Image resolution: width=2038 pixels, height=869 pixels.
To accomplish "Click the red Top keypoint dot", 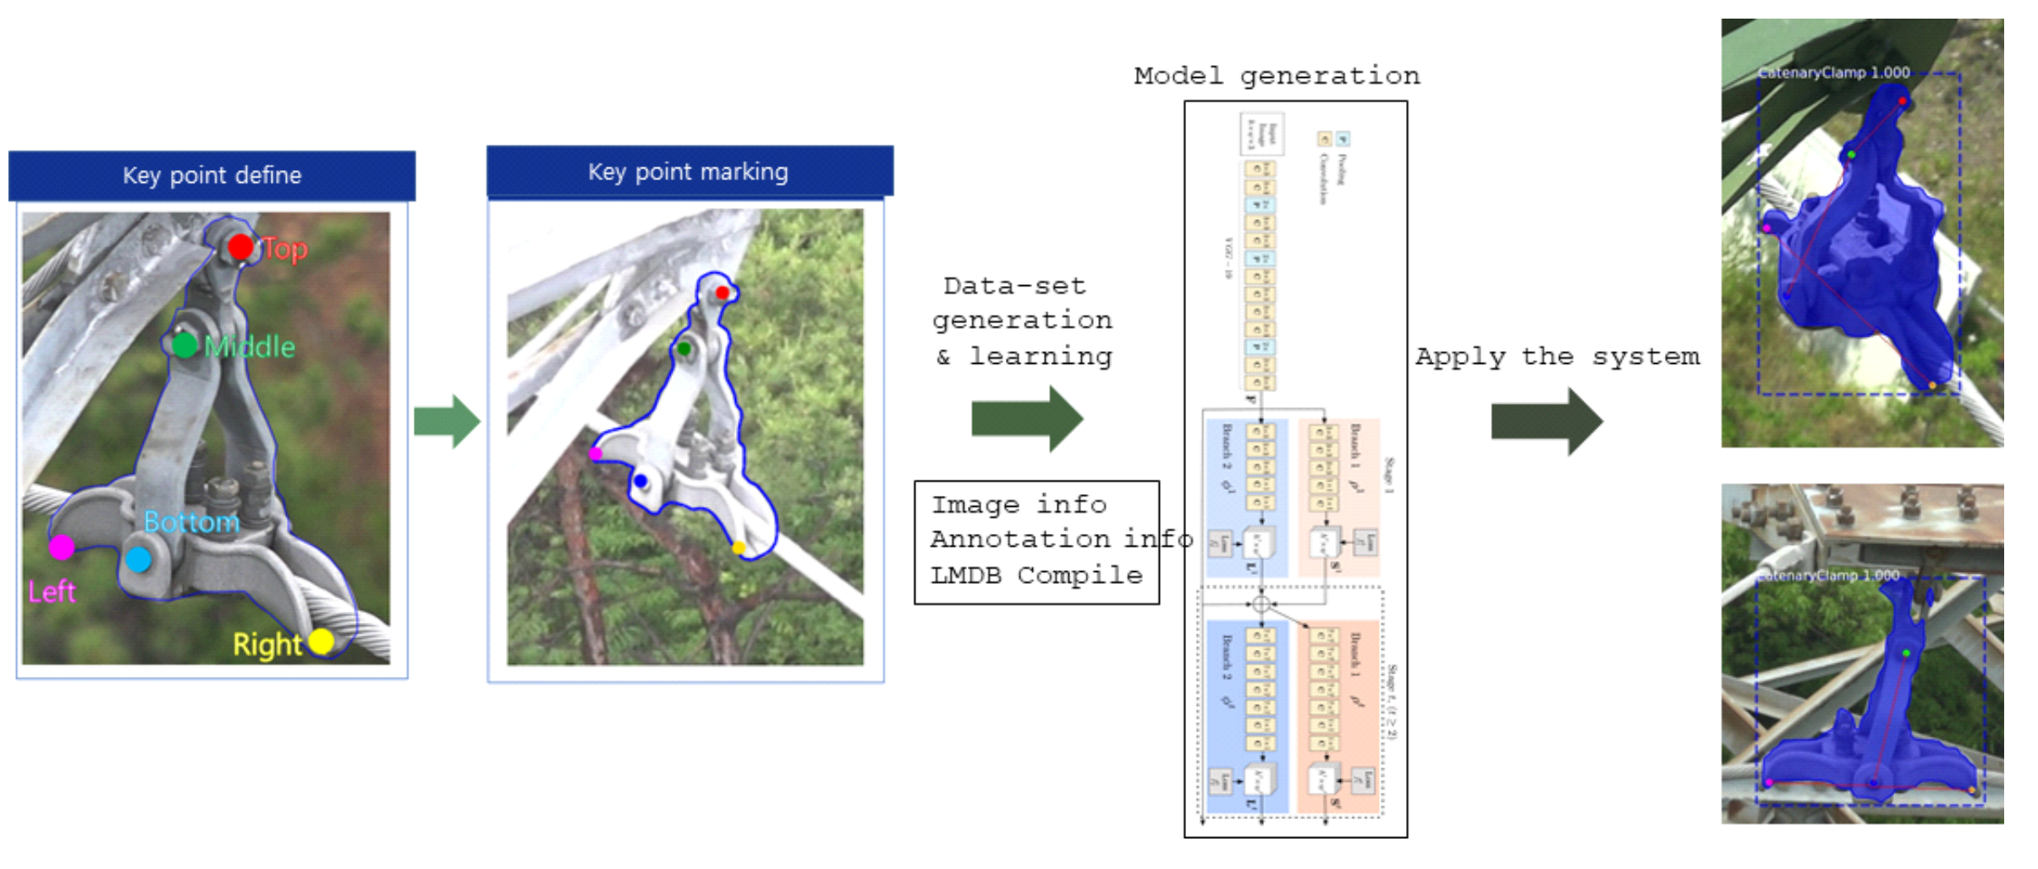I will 241,247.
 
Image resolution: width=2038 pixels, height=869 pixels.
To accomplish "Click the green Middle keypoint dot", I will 184,344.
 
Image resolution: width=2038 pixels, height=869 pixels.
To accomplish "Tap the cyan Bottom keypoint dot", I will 138,559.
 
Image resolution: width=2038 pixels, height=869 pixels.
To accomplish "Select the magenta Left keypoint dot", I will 61,547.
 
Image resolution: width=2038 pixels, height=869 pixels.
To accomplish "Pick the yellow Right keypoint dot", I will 321,641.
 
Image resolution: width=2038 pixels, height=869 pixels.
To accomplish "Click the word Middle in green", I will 250,347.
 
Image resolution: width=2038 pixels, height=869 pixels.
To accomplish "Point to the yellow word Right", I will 266,645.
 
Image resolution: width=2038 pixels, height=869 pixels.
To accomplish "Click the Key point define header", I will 211,175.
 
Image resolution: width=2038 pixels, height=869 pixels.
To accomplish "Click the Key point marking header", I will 689,172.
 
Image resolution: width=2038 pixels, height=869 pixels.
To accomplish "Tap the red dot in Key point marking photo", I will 722,293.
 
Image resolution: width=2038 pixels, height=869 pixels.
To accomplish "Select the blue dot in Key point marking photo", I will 640,481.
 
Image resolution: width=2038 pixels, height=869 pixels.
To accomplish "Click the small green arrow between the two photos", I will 448,421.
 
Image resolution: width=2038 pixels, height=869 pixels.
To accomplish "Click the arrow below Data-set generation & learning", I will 1027,419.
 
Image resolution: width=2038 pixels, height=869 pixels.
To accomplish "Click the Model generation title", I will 1277,76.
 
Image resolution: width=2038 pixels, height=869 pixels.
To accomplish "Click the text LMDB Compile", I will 1036,575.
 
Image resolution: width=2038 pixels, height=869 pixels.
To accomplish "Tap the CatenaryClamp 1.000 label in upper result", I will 1833,73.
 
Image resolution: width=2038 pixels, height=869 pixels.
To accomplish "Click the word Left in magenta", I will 52,591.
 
